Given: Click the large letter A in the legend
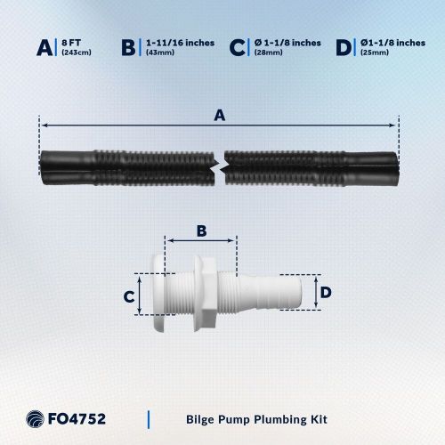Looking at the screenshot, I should point(45,47).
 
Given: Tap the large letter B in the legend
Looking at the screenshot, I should point(130,47).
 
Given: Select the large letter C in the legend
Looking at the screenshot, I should point(236,47).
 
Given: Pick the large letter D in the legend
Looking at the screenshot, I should point(343,47).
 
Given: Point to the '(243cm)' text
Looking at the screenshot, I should point(77,53).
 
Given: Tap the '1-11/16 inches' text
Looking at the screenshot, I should point(179,42).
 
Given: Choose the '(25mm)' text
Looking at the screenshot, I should point(373,53).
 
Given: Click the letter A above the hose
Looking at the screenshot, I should point(218,113).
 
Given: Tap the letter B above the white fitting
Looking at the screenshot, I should point(201,231).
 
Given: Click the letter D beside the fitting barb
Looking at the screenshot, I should point(326,292).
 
